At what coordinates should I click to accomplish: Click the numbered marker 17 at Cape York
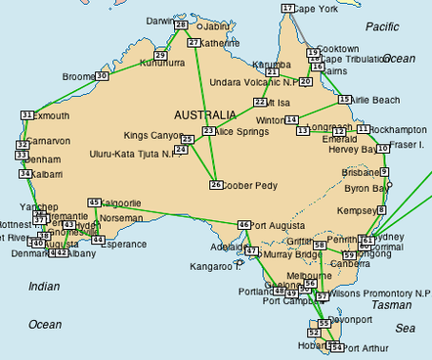287,8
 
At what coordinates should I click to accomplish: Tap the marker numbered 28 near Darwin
181,25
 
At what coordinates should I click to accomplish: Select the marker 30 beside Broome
102,75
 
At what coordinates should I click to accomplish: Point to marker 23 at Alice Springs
208,131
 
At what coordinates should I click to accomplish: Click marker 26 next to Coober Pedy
215,184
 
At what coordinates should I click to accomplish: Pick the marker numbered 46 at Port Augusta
244,224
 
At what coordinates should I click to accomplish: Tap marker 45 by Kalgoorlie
94,202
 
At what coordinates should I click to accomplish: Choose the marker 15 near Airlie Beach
344,100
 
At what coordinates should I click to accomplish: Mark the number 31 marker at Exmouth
26,115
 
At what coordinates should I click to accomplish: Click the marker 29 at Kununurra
160,55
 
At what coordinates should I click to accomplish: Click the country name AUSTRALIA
204,112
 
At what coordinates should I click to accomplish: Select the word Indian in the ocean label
44,286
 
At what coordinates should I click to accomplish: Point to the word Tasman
392,304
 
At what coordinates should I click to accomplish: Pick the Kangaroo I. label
213,266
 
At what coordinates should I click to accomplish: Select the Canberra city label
350,264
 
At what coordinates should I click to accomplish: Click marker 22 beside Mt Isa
261,101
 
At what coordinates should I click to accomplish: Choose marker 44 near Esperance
98,240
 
